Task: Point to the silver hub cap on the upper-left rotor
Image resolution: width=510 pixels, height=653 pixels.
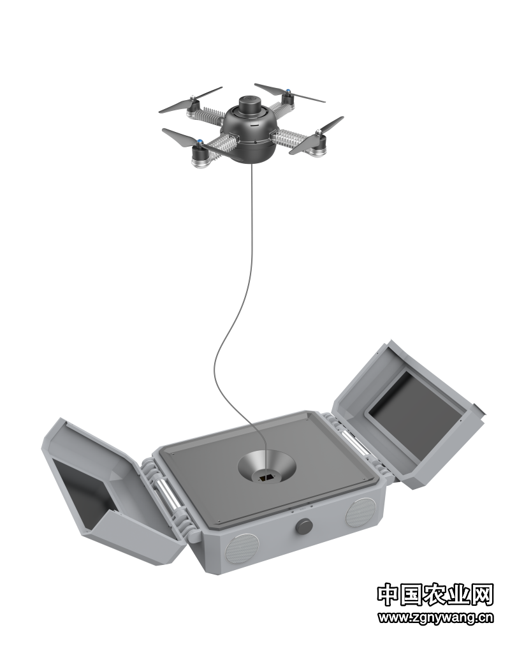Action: (192, 98)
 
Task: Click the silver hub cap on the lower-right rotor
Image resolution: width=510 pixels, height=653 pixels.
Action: (319, 133)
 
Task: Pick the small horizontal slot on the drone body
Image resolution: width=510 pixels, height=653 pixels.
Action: (254, 124)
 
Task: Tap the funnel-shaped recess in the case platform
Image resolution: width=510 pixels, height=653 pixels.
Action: (267, 467)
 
